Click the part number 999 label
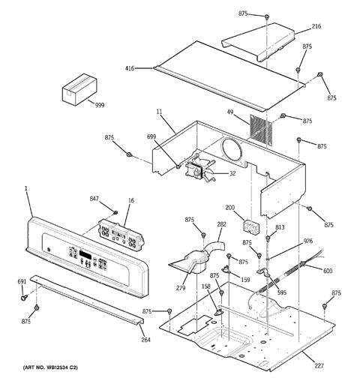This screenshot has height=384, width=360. (100, 105)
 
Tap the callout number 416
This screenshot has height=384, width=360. (130, 68)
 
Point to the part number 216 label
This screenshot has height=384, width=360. (316, 26)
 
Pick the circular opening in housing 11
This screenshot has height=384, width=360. (232, 151)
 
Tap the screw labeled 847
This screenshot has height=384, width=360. (115, 212)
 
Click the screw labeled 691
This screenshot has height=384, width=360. (23, 298)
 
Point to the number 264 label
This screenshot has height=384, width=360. (145, 340)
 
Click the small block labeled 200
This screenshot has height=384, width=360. (251, 226)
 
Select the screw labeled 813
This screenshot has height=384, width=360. (268, 238)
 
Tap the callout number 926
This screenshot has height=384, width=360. (308, 241)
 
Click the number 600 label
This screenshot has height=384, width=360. (328, 271)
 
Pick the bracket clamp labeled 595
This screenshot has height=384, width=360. (263, 272)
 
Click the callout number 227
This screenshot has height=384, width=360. (319, 366)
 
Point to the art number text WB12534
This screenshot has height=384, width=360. (57, 367)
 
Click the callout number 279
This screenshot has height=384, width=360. (181, 288)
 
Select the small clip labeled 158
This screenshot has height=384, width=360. (219, 312)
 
